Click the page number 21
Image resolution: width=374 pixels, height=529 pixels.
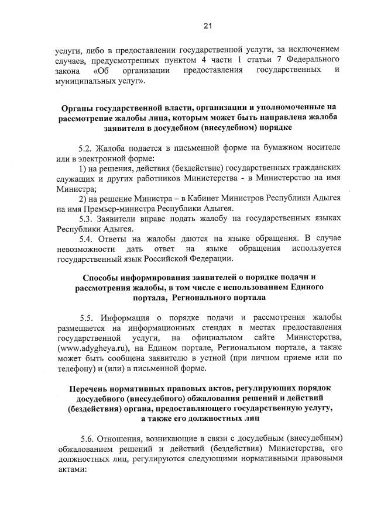207,25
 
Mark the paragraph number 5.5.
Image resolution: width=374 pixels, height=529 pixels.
89,319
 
